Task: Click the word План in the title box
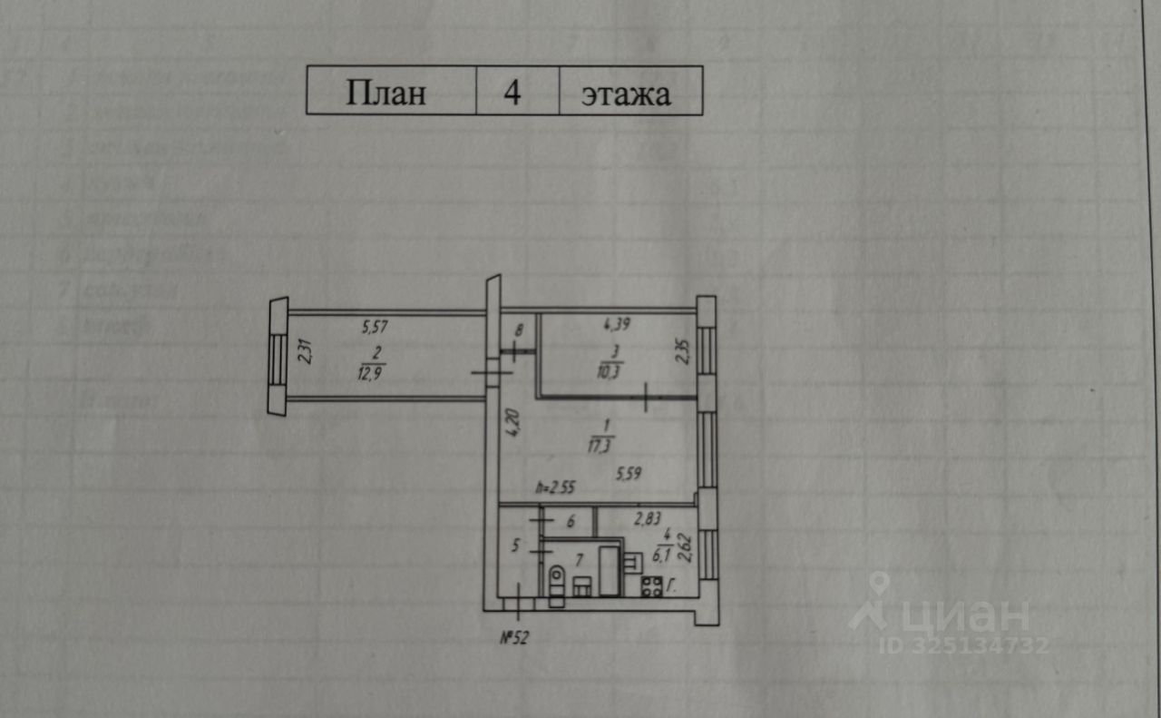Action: coord(385,93)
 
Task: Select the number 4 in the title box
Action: coord(512,93)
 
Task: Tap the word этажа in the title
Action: coord(626,93)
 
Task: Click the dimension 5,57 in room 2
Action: coord(376,326)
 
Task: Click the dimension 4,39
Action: coord(617,322)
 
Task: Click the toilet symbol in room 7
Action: coord(556,579)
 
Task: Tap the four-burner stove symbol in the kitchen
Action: coord(652,585)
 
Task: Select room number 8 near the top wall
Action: coord(519,332)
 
